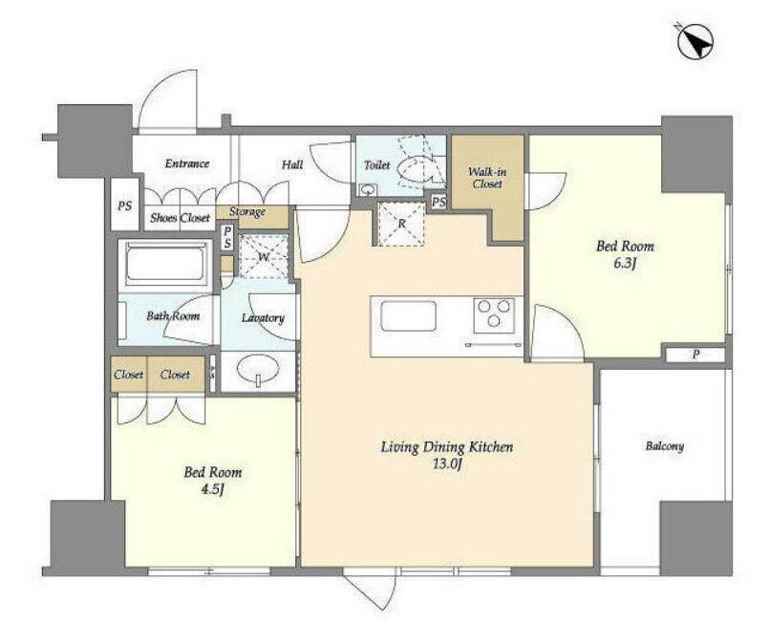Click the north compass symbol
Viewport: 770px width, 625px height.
tap(695, 43)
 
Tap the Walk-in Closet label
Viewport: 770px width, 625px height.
tap(487, 178)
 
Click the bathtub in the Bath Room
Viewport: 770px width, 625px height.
tap(166, 264)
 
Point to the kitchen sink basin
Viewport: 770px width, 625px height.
tap(408, 315)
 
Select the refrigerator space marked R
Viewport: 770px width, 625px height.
tap(401, 224)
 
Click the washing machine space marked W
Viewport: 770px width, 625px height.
tap(264, 256)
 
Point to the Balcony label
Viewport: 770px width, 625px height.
tap(664, 446)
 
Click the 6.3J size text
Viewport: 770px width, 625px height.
tap(624, 264)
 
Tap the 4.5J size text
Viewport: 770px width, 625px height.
tap(212, 490)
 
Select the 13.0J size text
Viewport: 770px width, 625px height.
tap(447, 464)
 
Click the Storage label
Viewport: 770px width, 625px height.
tap(247, 212)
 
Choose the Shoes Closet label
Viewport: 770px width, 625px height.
tap(180, 218)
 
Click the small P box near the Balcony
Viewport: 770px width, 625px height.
tap(695, 355)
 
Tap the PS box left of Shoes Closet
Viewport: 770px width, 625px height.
tap(125, 205)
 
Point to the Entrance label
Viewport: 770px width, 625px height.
tap(187, 163)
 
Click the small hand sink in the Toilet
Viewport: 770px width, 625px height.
tap(367, 189)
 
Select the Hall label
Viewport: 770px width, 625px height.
tap(292, 164)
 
